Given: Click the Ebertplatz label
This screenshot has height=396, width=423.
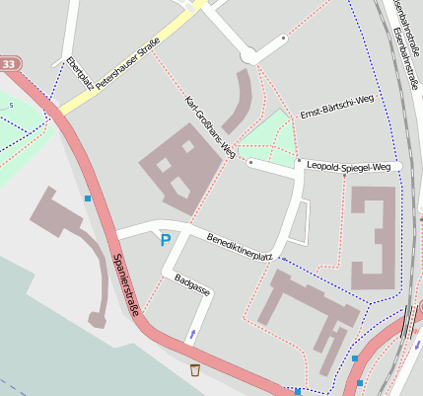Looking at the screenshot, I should pyautogui.click(x=80, y=74).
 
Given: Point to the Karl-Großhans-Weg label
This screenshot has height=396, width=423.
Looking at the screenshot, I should pyautogui.click(x=210, y=127).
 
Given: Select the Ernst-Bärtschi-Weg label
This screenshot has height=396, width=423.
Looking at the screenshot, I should pyautogui.click(x=338, y=106).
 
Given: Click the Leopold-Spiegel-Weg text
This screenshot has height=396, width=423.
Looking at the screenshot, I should pyautogui.click(x=350, y=168).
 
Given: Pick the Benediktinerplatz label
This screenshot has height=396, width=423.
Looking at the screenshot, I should pyautogui.click(x=240, y=247).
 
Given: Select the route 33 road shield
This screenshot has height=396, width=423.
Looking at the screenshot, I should pyautogui.click(x=9, y=64).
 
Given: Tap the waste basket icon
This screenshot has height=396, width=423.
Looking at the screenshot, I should pyautogui.click(x=195, y=370).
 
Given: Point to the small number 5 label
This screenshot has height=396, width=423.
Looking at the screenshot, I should pyautogui.click(x=11, y=106).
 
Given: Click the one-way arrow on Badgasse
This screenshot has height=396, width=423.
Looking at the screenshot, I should pyautogui.click(x=192, y=334).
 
